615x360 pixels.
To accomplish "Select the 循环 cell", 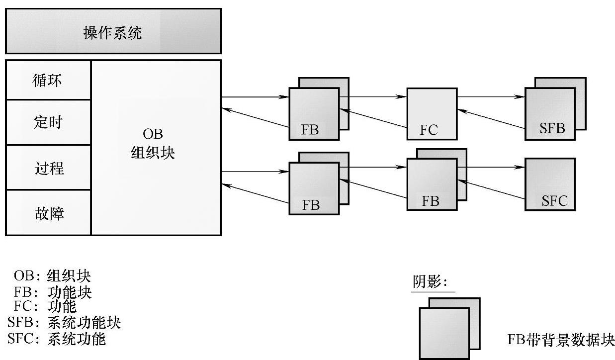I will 48,80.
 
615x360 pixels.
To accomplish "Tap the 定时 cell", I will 48,122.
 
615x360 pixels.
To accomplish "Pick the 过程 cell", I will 48,168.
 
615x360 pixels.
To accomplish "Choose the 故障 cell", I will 48,213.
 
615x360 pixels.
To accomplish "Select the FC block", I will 432,113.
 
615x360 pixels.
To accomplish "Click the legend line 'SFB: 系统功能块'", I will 65,323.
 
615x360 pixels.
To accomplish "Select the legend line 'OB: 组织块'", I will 54,275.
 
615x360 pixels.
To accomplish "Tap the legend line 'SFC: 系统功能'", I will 57,339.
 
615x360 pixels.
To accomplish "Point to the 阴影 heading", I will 430,282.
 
